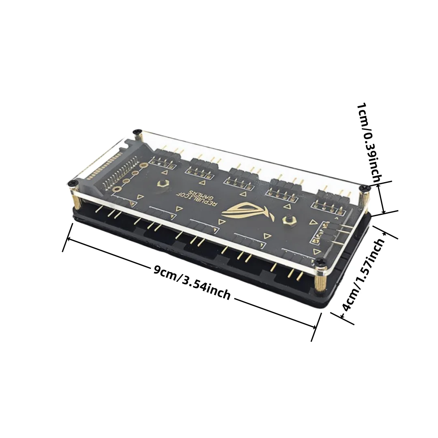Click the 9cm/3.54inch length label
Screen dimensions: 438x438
click(x=192, y=282)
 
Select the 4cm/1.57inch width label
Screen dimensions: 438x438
click(x=363, y=275)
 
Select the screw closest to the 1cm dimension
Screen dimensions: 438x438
click(x=364, y=188)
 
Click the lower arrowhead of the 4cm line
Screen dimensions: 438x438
click(x=342, y=316)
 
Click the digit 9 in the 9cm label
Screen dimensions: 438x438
click(x=157, y=270)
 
